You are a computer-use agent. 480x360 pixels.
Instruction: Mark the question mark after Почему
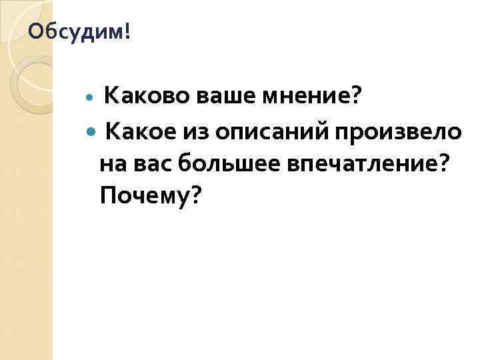(194, 195)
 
